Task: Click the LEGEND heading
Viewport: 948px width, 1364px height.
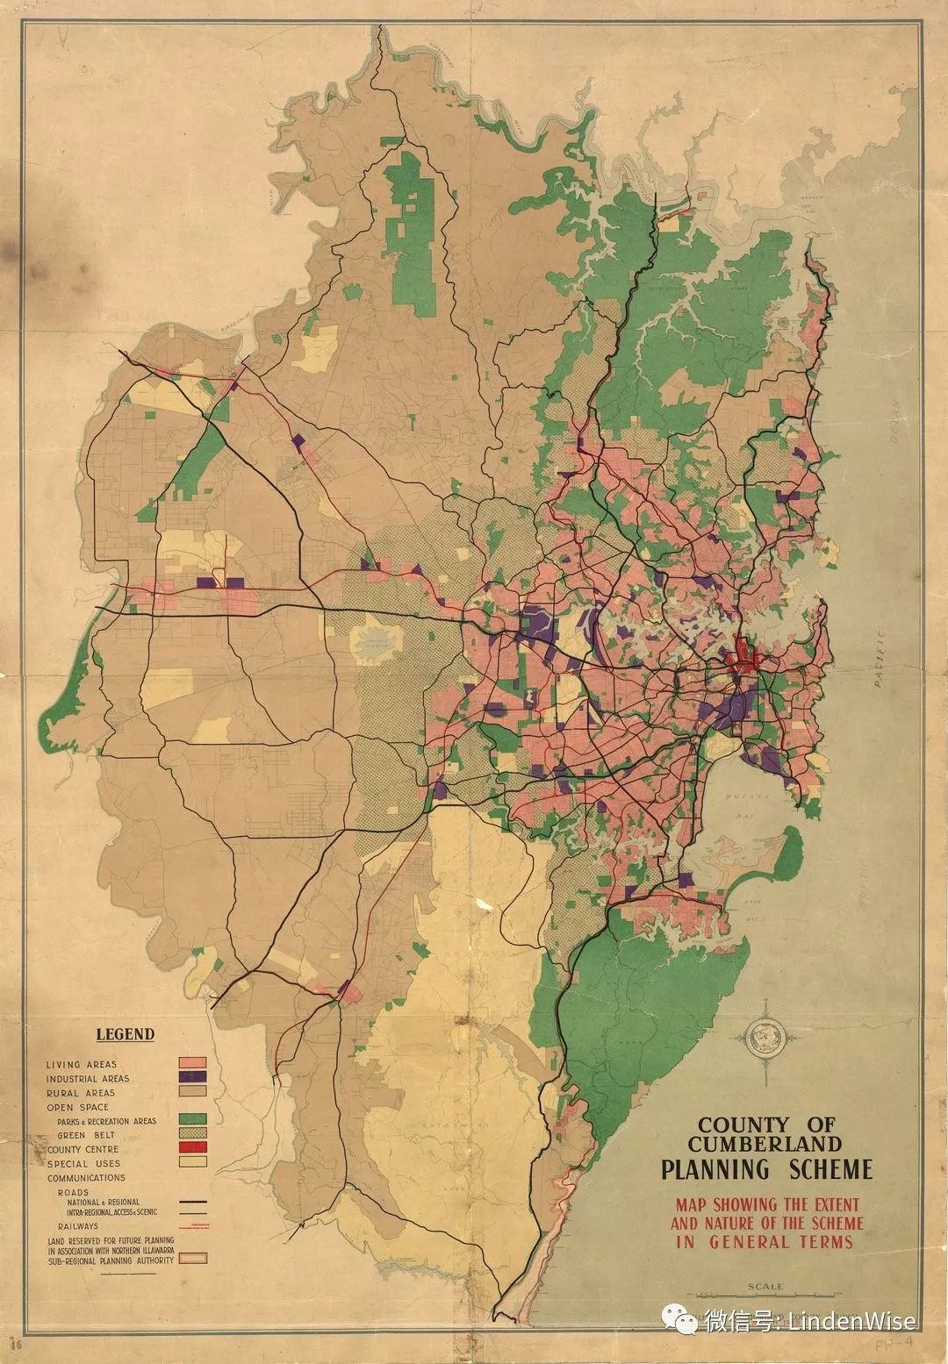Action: (x=125, y=1034)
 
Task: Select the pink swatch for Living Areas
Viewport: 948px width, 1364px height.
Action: (x=192, y=1063)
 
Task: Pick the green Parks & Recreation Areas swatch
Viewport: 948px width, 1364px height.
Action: (x=192, y=1119)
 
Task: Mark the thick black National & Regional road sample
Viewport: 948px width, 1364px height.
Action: (x=192, y=1202)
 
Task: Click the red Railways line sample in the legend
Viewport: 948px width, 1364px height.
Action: (x=192, y=1225)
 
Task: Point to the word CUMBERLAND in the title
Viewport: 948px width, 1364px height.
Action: (x=765, y=1144)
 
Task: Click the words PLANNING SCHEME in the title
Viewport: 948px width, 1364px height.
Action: (x=766, y=1169)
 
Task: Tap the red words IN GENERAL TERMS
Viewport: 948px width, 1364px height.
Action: (x=764, y=1241)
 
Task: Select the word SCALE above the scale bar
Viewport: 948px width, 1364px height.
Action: (x=765, y=1287)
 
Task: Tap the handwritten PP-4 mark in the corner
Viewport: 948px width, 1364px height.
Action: (x=897, y=1343)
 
